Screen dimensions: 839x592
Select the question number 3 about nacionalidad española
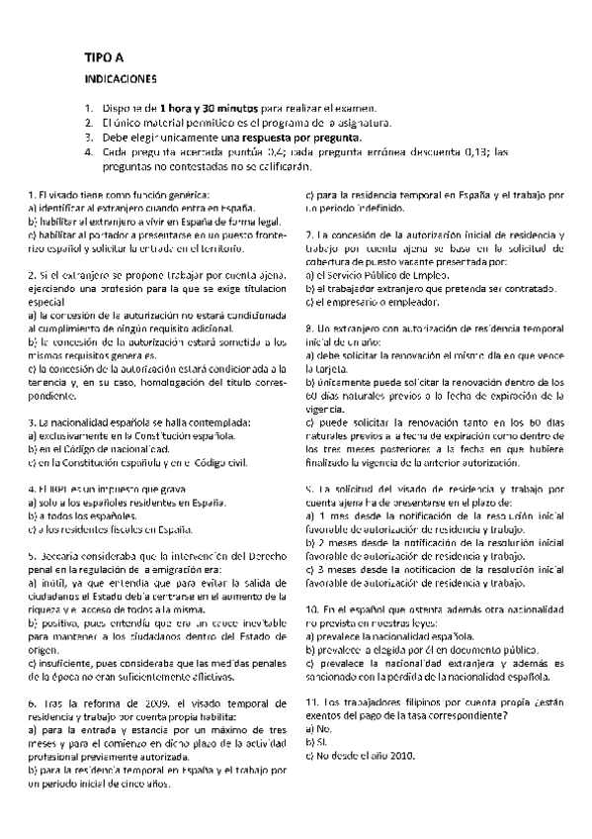pyautogui.click(x=32, y=422)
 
